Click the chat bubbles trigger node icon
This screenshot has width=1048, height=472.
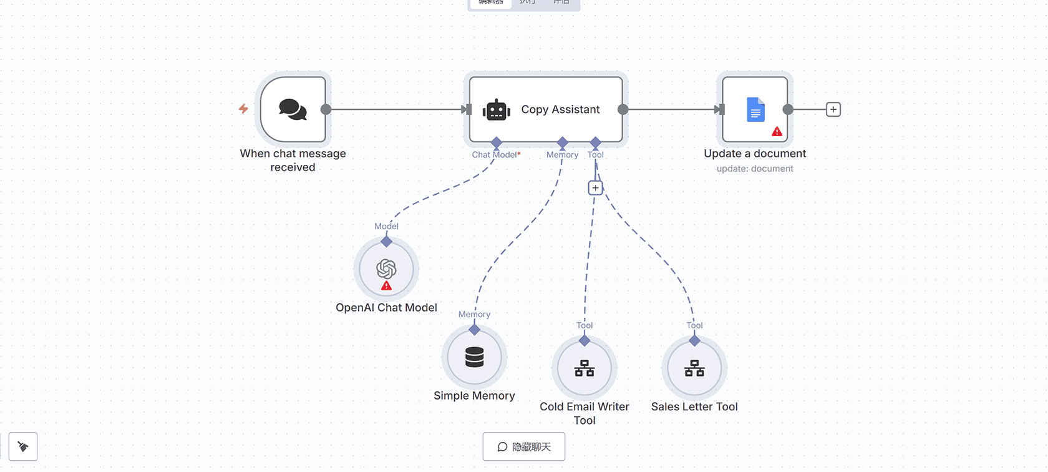point(293,109)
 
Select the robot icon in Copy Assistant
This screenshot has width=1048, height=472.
point(497,110)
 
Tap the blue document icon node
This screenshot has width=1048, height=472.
point(755,110)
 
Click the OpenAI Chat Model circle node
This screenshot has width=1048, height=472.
point(386,269)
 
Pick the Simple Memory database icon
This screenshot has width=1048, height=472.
point(475,357)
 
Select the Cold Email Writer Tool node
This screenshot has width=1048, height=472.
point(585,368)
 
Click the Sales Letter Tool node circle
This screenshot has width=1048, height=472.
point(694,368)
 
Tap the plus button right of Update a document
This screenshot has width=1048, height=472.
point(833,109)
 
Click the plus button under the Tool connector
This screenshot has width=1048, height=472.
point(596,187)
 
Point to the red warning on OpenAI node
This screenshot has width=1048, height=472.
point(387,286)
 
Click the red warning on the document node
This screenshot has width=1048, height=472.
point(777,131)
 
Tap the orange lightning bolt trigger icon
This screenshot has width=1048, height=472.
point(243,109)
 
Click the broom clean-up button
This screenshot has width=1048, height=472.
point(23,446)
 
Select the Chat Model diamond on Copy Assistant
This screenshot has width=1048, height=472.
point(497,142)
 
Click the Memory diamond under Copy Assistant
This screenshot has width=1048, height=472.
point(563,142)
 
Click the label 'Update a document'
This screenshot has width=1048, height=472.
point(755,154)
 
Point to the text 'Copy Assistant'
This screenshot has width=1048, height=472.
point(560,109)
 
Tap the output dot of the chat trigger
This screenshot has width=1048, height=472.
point(326,109)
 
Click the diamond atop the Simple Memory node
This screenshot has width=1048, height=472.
point(475,330)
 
